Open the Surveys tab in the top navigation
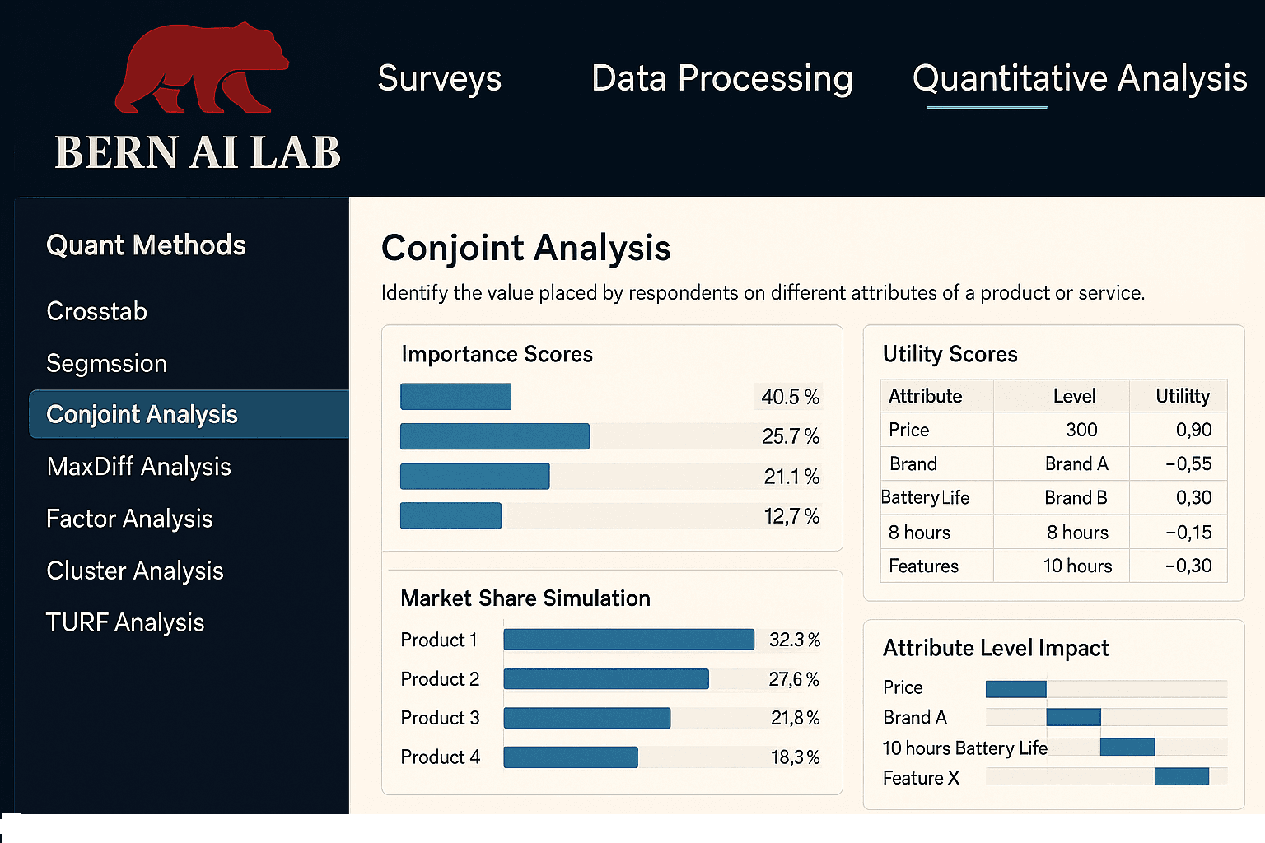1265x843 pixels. tap(439, 79)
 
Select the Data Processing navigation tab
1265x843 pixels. tap(721, 79)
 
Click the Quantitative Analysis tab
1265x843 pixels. tap(1079, 79)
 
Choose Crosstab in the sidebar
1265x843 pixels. tap(96, 311)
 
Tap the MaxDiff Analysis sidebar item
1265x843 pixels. tap(138, 467)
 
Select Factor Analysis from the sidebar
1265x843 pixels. tap(129, 519)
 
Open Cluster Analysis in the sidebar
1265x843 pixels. tap(134, 571)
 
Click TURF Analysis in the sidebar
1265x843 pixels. tap(124, 622)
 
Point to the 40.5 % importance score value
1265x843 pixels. tap(790, 397)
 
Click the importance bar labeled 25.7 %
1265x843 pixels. tap(494, 436)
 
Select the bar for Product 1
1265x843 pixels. tap(628, 640)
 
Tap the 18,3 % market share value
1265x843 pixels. tap(795, 757)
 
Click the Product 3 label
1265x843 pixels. tap(440, 718)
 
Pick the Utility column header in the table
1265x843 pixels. tap(1182, 396)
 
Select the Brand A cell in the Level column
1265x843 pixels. tap(1076, 464)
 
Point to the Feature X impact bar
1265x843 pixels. tap(1181, 776)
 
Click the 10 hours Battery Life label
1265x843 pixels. tap(964, 748)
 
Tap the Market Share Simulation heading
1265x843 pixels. tap(525, 598)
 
